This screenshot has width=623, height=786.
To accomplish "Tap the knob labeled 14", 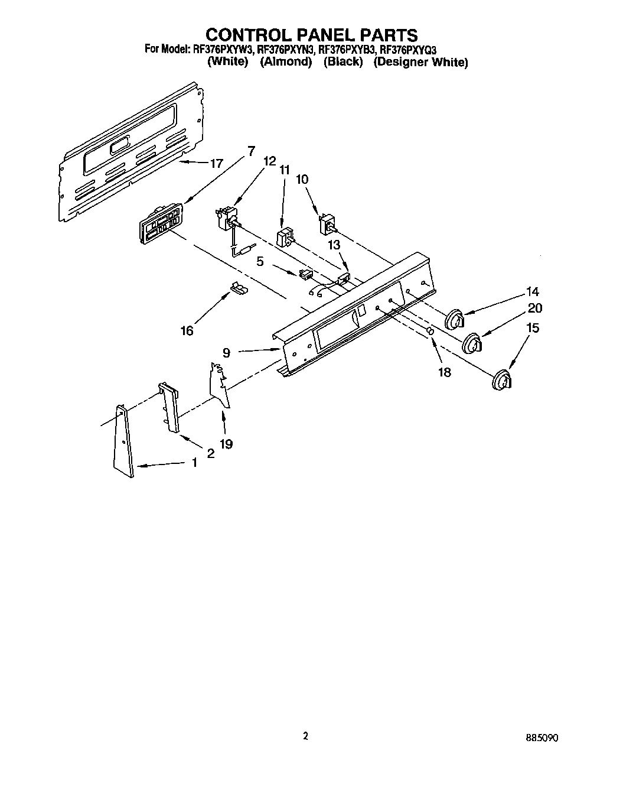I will [455, 320].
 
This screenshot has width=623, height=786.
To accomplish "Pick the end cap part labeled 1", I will [123, 440].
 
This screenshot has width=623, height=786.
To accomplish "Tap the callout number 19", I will [226, 444].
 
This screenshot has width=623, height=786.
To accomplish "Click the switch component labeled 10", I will [326, 225].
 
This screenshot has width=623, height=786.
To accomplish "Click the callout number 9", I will [226, 353].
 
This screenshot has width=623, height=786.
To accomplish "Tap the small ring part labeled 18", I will [430, 332].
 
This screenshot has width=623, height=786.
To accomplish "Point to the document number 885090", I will [542, 738].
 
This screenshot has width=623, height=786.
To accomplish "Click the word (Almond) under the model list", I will [286, 62].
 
